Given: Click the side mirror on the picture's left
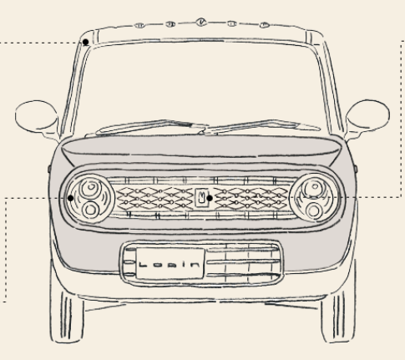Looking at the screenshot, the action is [x=36, y=115].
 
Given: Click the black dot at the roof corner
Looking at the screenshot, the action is [x=86, y=42].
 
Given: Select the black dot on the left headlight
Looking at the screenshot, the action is [x=71, y=198].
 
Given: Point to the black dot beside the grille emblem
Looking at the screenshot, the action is [x=210, y=198].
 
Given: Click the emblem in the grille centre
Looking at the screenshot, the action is [x=201, y=198].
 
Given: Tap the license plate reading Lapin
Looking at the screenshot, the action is [x=170, y=264].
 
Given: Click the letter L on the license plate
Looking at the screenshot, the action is [x=143, y=264].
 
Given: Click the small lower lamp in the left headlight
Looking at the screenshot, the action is [x=90, y=210].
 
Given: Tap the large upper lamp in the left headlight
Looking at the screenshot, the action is [x=91, y=188].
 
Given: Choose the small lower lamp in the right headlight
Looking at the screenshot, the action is [x=315, y=210].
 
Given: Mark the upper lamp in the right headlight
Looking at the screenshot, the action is [x=315, y=188].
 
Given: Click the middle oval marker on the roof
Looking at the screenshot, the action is [x=201, y=22].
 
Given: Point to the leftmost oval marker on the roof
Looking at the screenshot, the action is [x=139, y=26].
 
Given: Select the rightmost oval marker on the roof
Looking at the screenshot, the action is [x=265, y=25].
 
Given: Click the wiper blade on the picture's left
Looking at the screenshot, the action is [x=152, y=127].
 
